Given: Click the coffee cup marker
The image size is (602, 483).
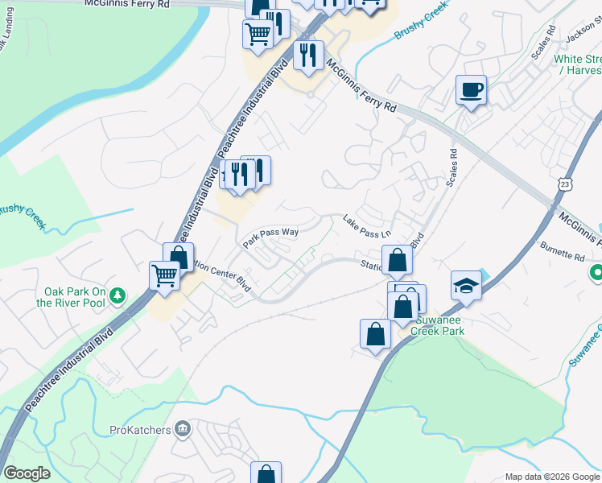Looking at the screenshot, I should [471, 89].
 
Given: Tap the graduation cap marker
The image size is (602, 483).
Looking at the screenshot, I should [466, 285].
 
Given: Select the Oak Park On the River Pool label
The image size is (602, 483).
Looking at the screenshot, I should [76, 297].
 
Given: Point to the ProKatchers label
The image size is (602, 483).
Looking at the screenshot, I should [139, 430].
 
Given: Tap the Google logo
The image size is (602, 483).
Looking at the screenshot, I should [27, 473].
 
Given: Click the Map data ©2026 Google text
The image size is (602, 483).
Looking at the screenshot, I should [551, 477].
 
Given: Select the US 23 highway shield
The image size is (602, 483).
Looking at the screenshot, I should [567, 184].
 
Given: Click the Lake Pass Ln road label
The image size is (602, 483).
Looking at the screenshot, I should [366, 226].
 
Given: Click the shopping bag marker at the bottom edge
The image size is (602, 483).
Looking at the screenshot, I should [266, 475].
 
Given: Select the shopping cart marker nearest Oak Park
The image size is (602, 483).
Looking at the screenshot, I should [164, 275].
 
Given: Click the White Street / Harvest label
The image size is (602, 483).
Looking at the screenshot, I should [578, 65].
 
